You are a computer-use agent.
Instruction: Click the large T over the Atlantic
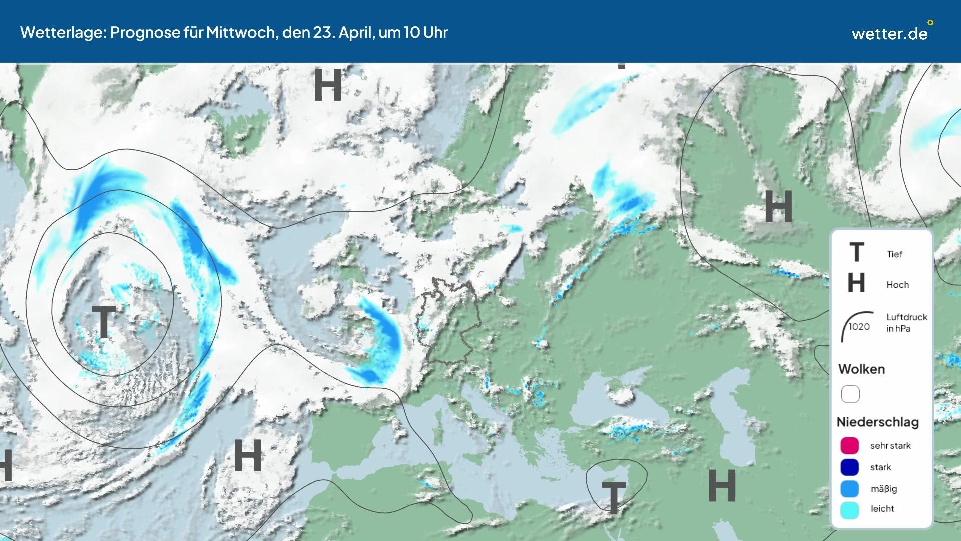click(x=104, y=322)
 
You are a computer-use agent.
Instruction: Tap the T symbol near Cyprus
click(x=614, y=497)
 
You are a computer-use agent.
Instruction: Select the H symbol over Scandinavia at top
click(x=328, y=85)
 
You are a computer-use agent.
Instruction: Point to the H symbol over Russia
click(x=778, y=207)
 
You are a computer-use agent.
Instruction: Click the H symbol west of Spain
click(x=248, y=455)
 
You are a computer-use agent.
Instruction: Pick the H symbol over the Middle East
click(x=722, y=486)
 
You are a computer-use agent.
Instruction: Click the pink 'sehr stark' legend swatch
click(x=850, y=445)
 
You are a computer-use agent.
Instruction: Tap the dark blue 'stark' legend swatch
click(x=850, y=467)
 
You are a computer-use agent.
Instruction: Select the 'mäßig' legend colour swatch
click(x=850, y=489)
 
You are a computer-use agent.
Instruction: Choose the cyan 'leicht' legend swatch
click(x=850, y=510)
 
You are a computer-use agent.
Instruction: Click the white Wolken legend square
click(x=850, y=394)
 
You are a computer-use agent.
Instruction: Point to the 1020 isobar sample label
click(x=859, y=327)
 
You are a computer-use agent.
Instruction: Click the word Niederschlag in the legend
click(x=877, y=422)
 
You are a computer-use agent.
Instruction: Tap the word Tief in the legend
click(x=894, y=254)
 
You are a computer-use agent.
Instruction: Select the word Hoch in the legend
click(x=897, y=285)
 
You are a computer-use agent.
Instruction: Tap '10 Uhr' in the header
click(x=425, y=32)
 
